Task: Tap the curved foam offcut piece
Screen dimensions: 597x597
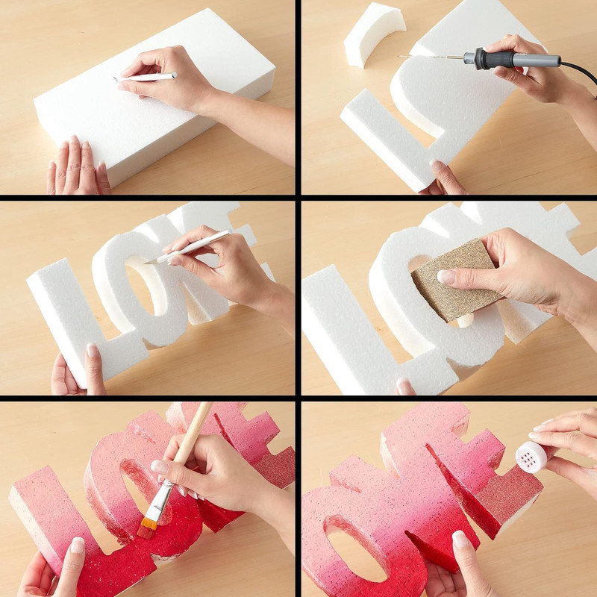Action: tap(373, 34)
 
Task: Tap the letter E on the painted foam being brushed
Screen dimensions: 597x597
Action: tap(265, 448)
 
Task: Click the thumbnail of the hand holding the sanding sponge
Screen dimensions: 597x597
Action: tap(446, 277)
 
